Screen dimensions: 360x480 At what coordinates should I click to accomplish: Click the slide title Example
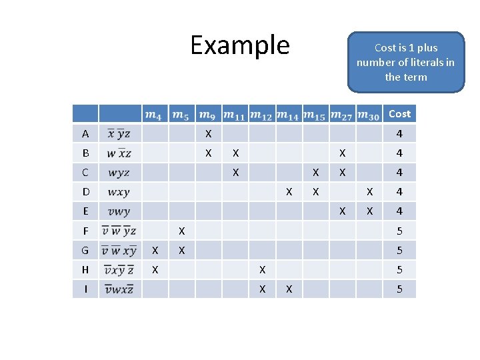(240, 45)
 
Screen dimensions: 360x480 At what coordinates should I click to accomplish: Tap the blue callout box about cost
(405, 62)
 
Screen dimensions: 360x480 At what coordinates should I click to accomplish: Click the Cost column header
(399, 114)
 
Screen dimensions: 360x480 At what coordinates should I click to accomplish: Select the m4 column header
(153, 115)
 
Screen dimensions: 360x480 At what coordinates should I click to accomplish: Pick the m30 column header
(369, 115)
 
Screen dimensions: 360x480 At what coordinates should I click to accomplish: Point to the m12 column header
(261, 115)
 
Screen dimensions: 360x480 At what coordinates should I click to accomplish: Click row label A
(85, 134)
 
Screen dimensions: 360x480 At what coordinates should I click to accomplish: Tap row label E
(85, 211)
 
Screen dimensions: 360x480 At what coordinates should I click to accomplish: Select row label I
(85, 289)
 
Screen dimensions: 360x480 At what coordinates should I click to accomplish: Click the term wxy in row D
(119, 192)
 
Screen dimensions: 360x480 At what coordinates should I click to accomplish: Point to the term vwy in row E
(119, 211)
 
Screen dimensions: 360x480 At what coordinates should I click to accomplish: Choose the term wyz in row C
(119, 173)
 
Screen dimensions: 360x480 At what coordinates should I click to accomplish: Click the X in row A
(208, 134)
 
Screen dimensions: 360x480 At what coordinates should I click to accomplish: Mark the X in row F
(181, 231)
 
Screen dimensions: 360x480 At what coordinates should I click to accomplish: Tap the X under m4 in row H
(155, 269)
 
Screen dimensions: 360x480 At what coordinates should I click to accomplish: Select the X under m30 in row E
(369, 211)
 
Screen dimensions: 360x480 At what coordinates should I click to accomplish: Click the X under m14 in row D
(289, 192)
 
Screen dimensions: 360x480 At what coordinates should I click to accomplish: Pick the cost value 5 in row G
(399, 250)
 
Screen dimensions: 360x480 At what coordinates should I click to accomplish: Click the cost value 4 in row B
(399, 153)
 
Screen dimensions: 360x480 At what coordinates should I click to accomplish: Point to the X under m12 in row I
(262, 289)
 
